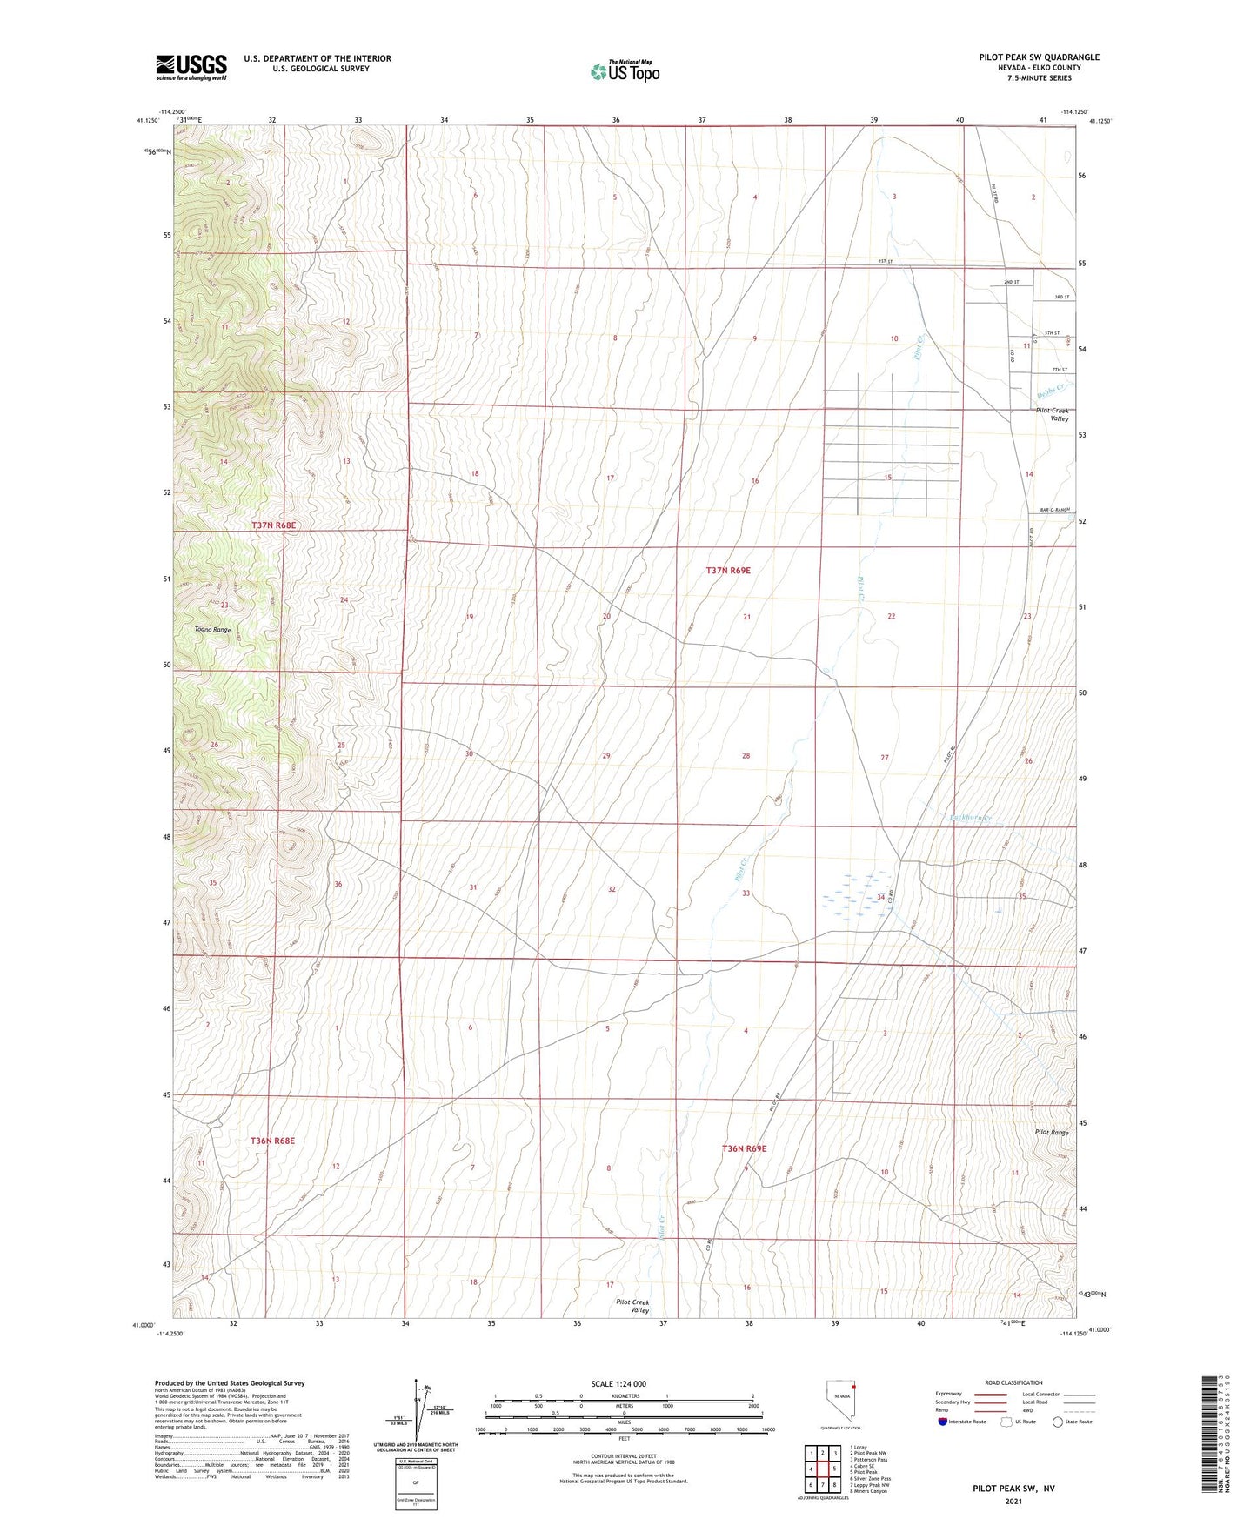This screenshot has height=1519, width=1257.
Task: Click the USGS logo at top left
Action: tap(191, 66)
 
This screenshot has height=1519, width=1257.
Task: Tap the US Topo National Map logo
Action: tap(625, 70)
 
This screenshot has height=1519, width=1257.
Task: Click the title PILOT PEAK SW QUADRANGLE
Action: tap(1039, 57)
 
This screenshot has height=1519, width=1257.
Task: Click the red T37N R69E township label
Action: tap(727, 570)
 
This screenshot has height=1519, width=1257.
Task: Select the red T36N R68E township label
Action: tap(273, 1140)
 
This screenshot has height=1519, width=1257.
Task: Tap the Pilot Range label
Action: tap(1051, 1133)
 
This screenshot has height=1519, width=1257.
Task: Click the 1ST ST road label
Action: tap(886, 262)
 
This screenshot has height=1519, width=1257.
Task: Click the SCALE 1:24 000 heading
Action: tap(618, 1383)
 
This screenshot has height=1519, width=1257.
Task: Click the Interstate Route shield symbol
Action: tap(943, 1422)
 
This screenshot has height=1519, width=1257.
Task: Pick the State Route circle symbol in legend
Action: tap(1058, 1422)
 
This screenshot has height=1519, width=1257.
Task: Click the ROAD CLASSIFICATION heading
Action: tap(1013, 1382)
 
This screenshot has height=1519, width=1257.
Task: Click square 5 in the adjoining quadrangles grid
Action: tap(833, 1469)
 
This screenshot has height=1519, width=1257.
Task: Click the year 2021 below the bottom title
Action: tap(1013, 1501)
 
